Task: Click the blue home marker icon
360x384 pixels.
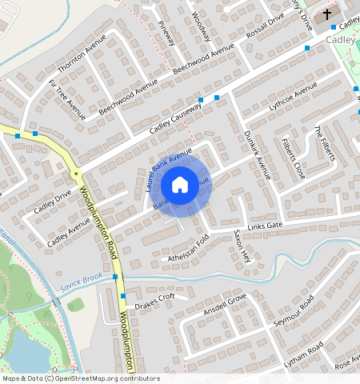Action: [x=180, y=186]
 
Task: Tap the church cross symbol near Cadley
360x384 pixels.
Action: [x=326, y=14]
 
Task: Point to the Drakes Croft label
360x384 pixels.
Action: [x=154, y=302]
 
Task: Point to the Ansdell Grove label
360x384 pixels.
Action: [x=225, y=304]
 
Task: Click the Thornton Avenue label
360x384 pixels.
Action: [x=82, y=54]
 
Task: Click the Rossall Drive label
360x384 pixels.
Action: [x=266, y=32]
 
